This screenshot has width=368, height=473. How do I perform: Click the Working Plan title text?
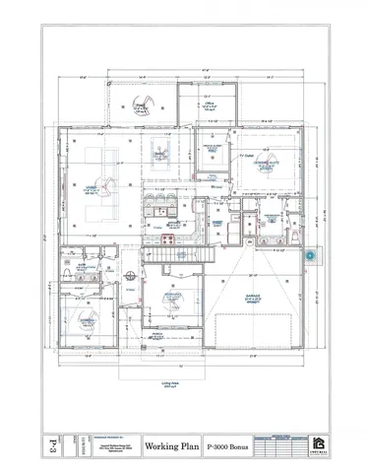click(x=173, y=444)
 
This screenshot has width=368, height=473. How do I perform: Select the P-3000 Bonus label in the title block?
click(x=226, y=444)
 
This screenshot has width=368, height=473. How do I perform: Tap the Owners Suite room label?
click(x=265, y=167)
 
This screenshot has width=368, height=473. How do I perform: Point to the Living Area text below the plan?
click(x=169, y=385)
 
